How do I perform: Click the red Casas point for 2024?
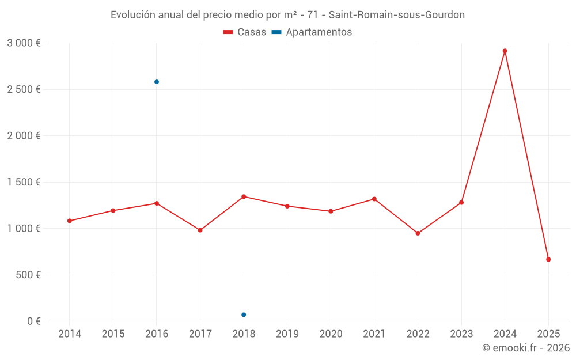click(505, 51)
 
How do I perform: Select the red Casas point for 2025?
click(548, 259)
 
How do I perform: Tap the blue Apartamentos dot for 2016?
click(157, 82)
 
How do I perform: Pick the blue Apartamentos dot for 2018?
click(244, 314)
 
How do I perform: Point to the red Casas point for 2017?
click(200, 230)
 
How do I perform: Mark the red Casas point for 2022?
click(418, 233)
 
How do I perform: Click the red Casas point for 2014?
click(70, 221)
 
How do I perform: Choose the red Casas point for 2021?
click(374, 199)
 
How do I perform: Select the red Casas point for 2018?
click(244, 196)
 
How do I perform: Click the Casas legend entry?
click(245, 32)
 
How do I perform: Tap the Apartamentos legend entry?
click(312, 32)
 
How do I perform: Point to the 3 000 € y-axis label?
click(24, 43)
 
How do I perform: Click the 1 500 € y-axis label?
click(24, 182)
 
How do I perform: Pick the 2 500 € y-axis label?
click(24, 89)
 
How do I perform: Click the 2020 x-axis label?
click(331, 334)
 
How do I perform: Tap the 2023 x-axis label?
click(461, 334)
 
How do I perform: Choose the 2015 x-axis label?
click(113, 334)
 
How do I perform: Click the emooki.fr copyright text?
click(525, 348)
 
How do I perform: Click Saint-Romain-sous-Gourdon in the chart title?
click(396, 15)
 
